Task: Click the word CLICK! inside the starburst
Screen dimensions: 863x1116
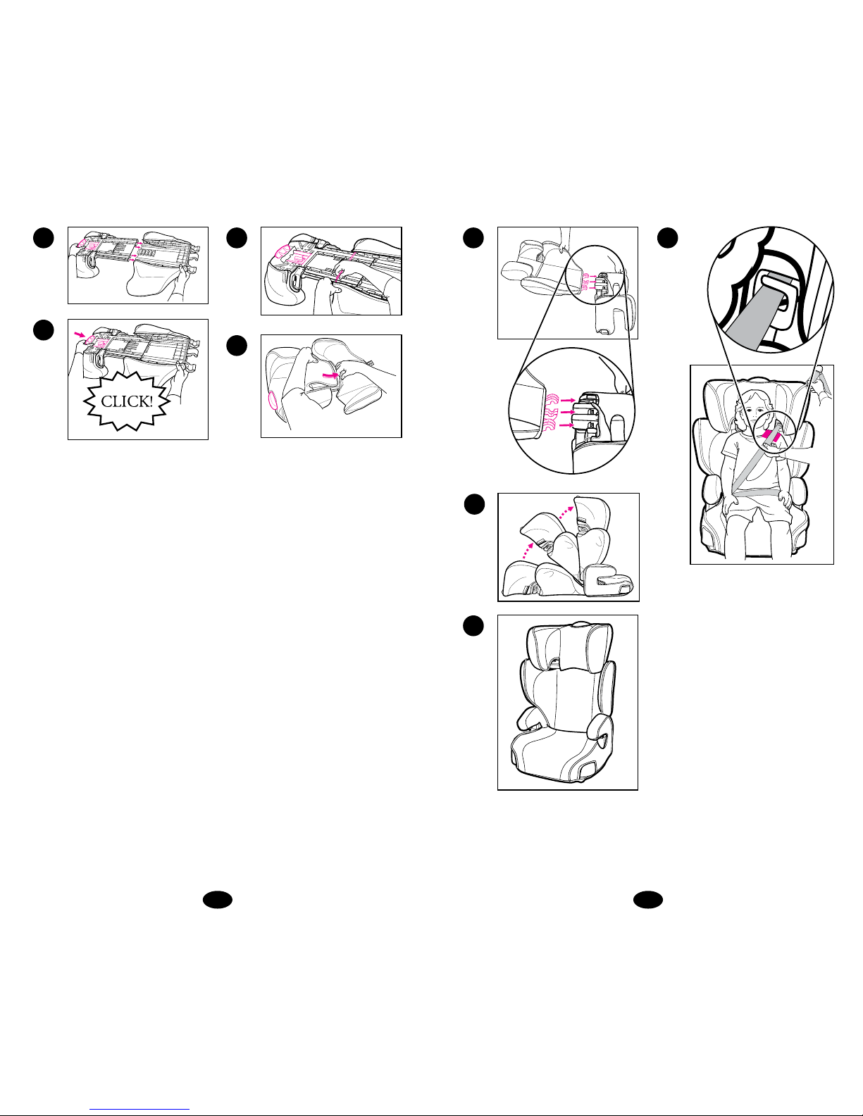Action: pyautogui.click(x=127, y=401)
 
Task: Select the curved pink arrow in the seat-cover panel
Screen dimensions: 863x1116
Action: pyautogui.click(x=330, y=375)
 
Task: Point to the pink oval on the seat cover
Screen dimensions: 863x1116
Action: pyautogui.click(x=273, y=399)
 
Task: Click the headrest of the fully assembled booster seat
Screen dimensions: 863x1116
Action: pyautogui.click(x=570, y=646)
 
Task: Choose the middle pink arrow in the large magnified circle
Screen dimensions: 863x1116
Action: pyautogui.click(x=567, y=412)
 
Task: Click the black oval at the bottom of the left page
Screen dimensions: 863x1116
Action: pyautogui.click(x=217, y=900)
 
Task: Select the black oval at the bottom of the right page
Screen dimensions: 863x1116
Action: pyautogui.click(x=647, y=900)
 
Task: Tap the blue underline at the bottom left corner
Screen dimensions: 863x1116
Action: pyautogui.click(x=139, y=1110)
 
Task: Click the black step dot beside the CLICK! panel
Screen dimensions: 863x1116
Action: pyautogui.click(x=44, y=330)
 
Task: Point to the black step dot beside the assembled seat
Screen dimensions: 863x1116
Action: pyautogui.click(x=473, y=625)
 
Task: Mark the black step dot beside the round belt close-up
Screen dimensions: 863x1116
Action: pyautogui.click(x=667, y=238)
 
